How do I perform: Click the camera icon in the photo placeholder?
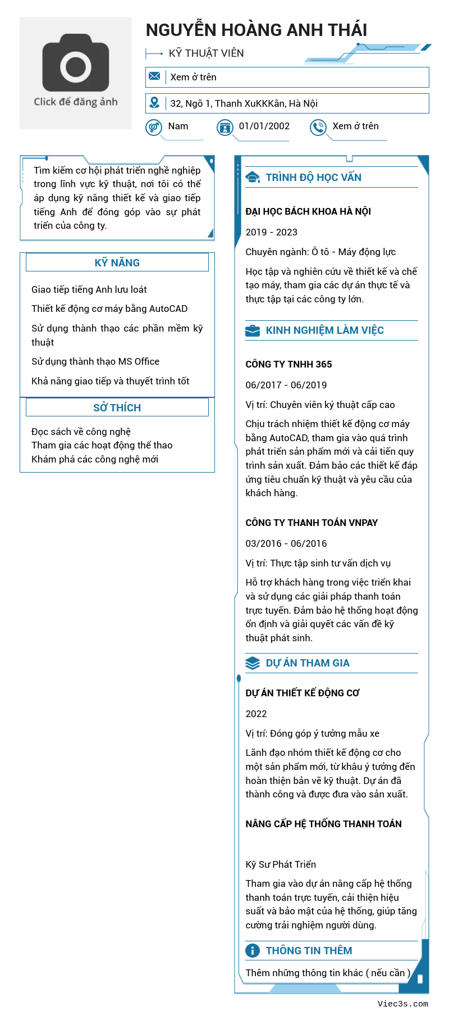tap(76, 63)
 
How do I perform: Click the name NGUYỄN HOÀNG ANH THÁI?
tap(256, 30)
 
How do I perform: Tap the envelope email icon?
tap(154, 76)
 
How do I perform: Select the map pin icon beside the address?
tap(154, 103)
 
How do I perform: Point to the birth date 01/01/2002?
tap(264, 126)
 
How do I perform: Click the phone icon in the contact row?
tap(318, 128)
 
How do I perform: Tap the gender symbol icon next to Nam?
tap(154, 128)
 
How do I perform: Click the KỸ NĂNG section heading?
tap(117, 262)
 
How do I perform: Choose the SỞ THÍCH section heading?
tap(117, 407)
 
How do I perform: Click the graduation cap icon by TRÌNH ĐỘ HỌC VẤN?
tap(253, 178)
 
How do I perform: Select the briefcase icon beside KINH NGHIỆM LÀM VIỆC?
tap(253, 330)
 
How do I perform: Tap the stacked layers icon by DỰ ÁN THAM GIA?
tap(253, 663)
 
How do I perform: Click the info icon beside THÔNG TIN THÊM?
tap(253, 950)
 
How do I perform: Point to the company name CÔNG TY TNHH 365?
tap(288, 364)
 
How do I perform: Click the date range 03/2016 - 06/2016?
tap(286, 543)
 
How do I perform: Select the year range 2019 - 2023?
tap(271, 232)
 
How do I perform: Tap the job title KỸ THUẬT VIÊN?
tap(206, 53)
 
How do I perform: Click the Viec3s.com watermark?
tap(402, 1003)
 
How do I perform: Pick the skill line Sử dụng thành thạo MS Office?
tap(95, 361)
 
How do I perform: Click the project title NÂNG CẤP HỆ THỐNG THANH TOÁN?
tap(323, 824)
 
